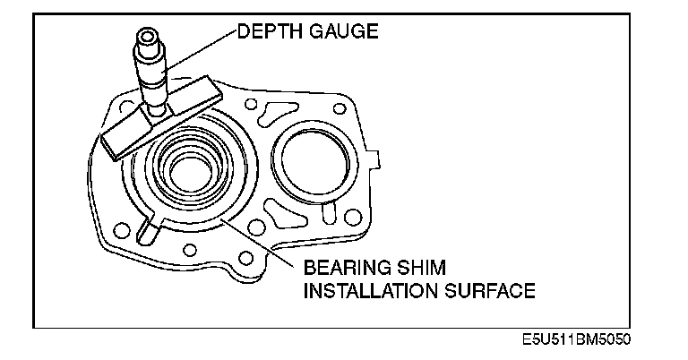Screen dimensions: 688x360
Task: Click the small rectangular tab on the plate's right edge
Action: [x=374, y=160]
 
